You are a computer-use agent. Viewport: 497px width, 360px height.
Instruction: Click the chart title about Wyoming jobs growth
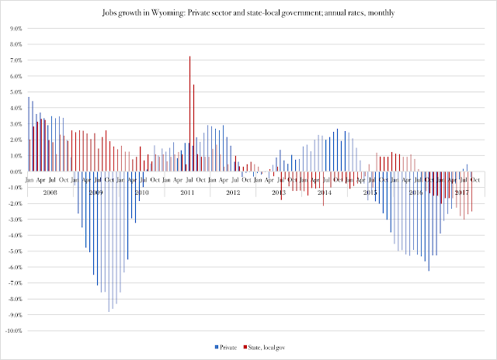tap(248, 14)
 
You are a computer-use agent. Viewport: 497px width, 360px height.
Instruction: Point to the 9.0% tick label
tap(14, 28)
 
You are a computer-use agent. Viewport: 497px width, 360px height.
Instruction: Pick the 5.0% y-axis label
tap(14, 92)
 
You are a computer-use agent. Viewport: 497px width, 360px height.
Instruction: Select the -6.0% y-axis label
tap(13, 268)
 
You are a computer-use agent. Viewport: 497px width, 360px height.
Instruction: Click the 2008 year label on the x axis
tap(49, 192)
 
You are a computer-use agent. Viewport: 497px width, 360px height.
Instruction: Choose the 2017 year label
tap(461, 192)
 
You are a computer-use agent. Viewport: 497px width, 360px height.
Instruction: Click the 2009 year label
tap(95, 192)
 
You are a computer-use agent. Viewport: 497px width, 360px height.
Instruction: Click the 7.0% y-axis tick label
tap(14, 60)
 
